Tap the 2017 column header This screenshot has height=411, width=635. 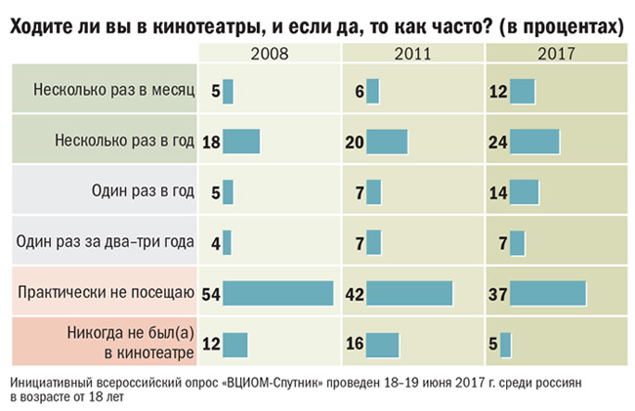557,53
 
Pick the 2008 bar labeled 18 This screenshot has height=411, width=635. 241,142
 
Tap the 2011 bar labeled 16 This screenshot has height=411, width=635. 383,345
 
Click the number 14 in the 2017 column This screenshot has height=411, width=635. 498,192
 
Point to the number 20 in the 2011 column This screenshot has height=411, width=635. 356,143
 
